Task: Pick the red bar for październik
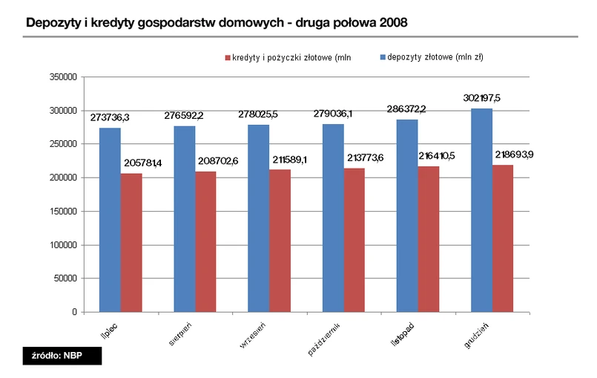click(354, 240)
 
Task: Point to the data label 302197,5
click(481, 98)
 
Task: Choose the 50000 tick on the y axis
click(65, 278)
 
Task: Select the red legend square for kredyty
click(228, 57)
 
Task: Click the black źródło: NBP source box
click(62, 355)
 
